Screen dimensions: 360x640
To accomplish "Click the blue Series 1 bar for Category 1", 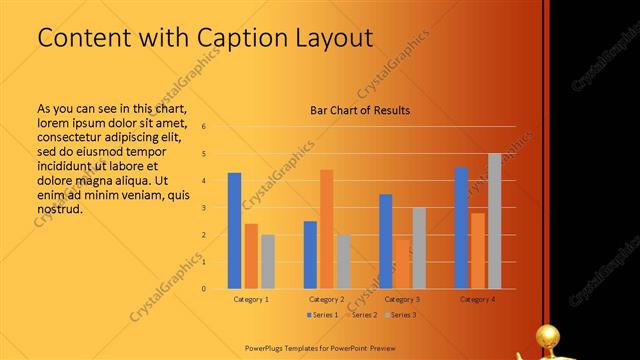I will [x=234, y=230].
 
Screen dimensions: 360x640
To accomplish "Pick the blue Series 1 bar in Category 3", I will [x=385, y=241].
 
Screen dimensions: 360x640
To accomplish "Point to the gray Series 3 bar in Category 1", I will [x=267, y=261].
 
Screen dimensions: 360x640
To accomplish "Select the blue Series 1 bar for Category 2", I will [x=310, y=254].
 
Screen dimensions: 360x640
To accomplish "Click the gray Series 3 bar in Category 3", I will [x=419, y=247].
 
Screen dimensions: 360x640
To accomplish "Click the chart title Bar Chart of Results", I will [x=360, y=110].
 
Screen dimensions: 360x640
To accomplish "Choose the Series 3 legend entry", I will [x=400, y=315].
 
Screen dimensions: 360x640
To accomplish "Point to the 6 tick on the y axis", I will [x=203, y=127].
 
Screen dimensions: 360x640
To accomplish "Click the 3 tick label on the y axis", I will [x=203, y=208].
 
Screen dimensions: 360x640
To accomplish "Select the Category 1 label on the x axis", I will [x=251, y=299].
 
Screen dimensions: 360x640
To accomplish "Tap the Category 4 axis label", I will [x=478, y=299].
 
